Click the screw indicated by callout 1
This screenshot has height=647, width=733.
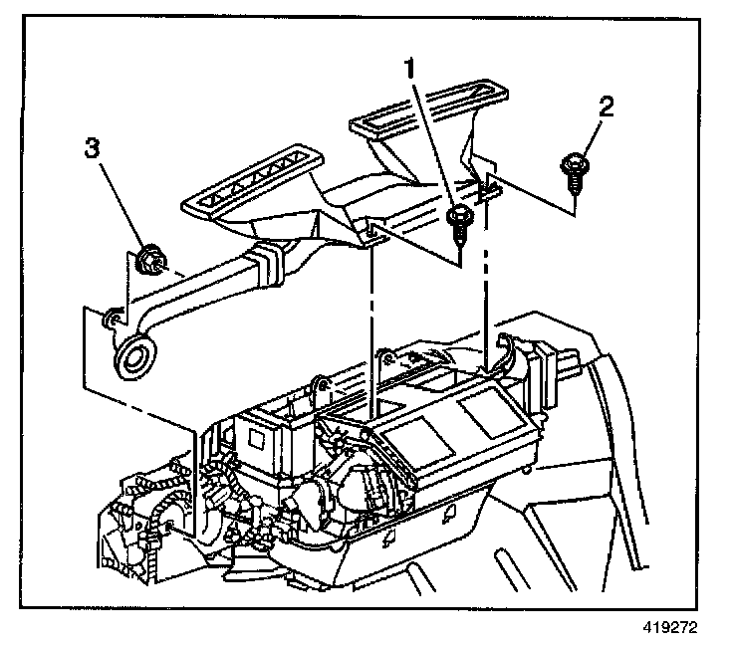[x=459, y=224]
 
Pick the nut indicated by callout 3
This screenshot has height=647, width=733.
[x=151, y=261]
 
